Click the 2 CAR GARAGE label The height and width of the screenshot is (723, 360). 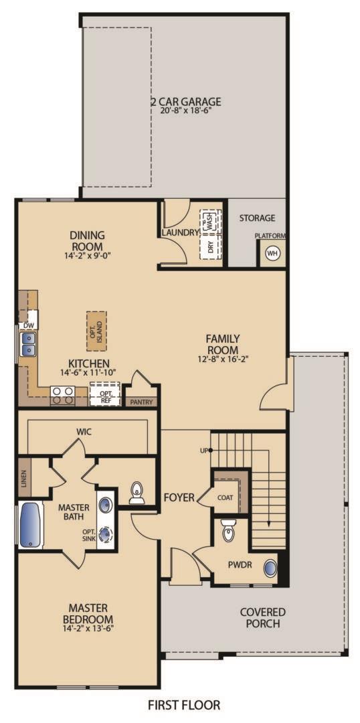pos(185,102)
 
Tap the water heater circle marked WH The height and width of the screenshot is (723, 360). pos(272,253)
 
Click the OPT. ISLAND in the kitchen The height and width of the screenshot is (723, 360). pos(96,331)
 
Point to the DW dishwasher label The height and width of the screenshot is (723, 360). pos(28,325)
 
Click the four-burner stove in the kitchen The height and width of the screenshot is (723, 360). pos(63,396)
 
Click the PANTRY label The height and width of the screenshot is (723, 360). pos(141,402)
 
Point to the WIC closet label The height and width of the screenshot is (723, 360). pos(84,432)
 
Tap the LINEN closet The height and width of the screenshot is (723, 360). pos(23,478)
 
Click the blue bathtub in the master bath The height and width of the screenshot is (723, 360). pos(29,525)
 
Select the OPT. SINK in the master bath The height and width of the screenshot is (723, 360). pos(106,534)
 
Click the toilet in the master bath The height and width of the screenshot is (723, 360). pos(137,493)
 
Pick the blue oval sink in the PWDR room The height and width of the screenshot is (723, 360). pos(270,568)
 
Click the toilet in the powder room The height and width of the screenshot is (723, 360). pos(228,531)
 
